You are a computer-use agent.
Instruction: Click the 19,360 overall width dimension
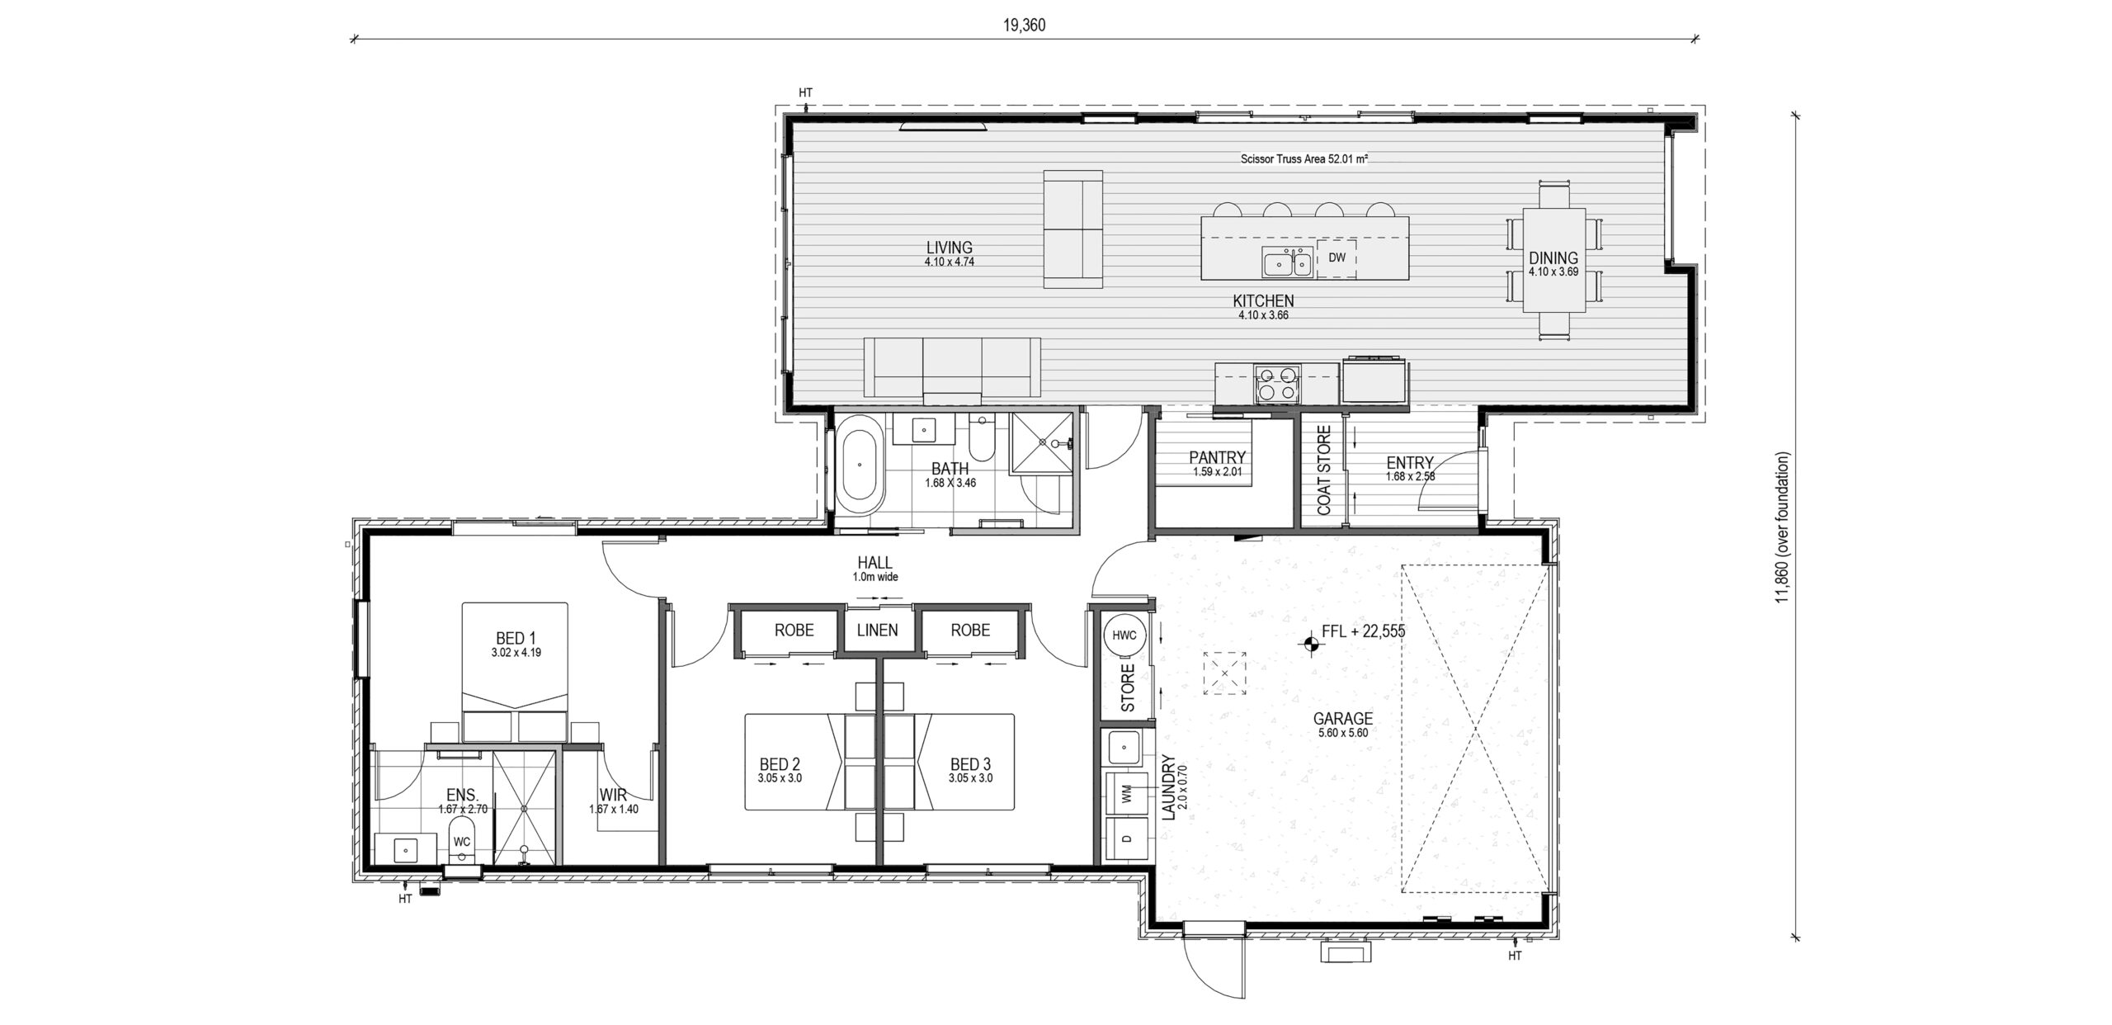1024,26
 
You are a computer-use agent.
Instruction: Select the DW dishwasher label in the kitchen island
1336,257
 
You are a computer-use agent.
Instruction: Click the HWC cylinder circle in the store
1124,635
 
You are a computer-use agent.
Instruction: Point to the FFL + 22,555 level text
1363,632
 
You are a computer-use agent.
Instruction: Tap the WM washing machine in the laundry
1125,793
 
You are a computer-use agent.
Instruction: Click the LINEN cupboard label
877,631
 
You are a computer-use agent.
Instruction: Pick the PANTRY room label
1217,457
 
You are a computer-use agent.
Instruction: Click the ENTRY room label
1410,463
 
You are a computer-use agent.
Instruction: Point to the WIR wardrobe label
613,796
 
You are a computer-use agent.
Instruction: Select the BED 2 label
780,765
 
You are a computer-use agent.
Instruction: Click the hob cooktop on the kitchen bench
1276,385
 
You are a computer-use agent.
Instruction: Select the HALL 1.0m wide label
874,569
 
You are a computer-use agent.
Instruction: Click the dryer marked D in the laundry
1125,839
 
